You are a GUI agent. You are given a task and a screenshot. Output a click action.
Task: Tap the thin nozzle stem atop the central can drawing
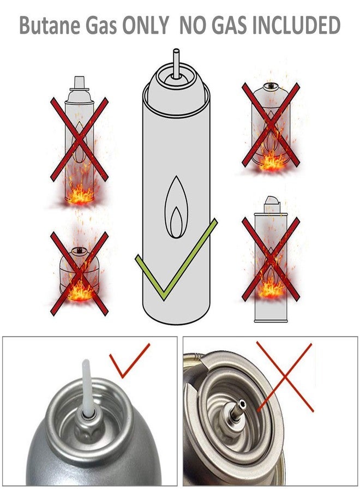pos(176,63)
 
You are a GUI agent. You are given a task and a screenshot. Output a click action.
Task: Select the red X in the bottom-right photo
pos(285,378)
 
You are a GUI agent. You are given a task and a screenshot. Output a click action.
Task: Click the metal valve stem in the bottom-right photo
pos(238,408)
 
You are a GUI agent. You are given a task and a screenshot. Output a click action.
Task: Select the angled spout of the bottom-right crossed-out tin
pos(272,202)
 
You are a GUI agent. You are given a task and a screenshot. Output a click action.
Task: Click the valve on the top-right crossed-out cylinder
pos(269,86)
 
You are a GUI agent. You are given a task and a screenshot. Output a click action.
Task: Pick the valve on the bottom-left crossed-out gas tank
pos(79,250)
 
